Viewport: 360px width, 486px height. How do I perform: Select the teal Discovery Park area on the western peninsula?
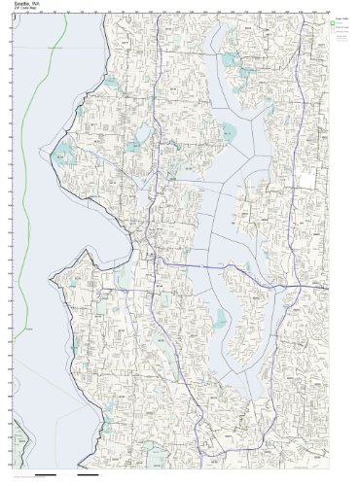click(66, 154)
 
